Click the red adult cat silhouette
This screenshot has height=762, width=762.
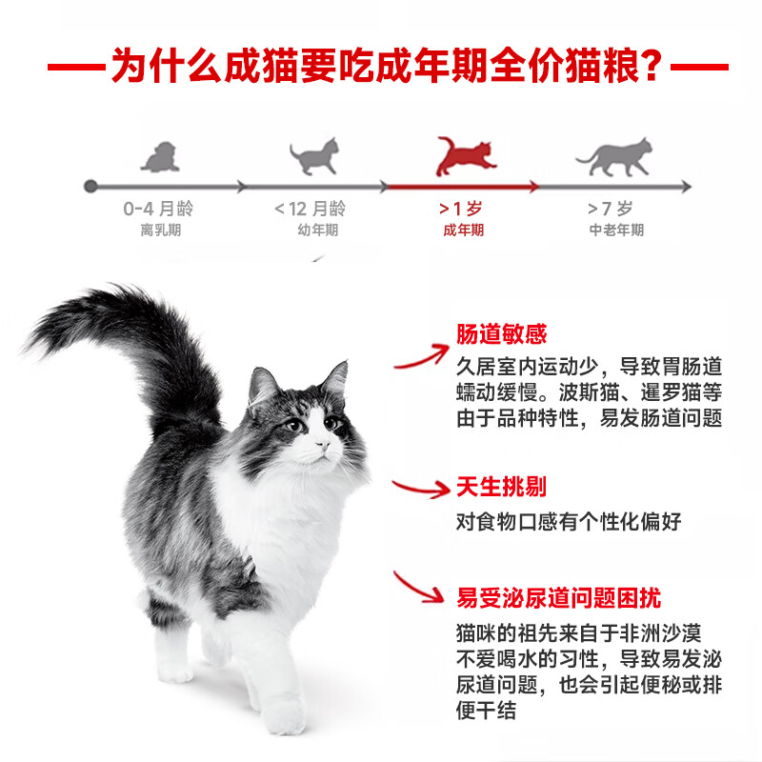(464, 156)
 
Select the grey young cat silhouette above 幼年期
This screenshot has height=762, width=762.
(313, 156)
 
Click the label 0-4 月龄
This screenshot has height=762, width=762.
(157, 210)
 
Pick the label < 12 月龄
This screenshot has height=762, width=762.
(311, 210)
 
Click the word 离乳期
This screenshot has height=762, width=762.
(158, 231)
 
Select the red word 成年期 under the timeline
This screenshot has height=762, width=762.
(463, 231)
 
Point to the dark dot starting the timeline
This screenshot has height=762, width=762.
(90, 186)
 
